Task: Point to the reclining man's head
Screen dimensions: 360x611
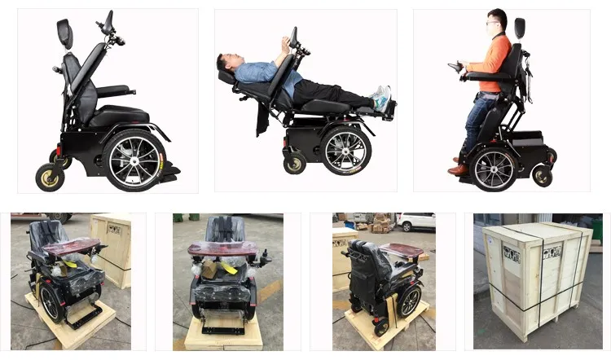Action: [229, 64]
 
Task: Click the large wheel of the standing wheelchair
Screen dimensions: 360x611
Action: [495, 163]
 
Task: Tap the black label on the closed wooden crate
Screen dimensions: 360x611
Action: [512, 252]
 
